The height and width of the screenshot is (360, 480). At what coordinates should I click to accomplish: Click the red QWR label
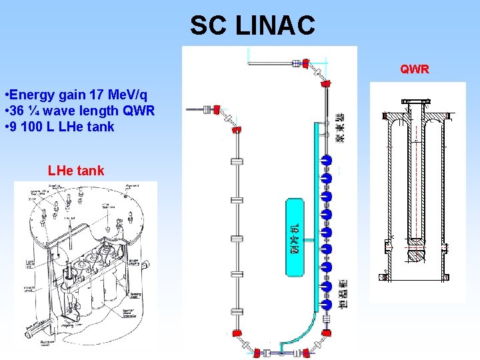[414, 69]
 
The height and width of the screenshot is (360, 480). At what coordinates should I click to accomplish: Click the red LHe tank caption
[76, 171]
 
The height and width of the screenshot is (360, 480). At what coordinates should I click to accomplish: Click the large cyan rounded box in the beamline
[293, 237]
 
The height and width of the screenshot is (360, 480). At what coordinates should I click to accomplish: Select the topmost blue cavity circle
[327, 160]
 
